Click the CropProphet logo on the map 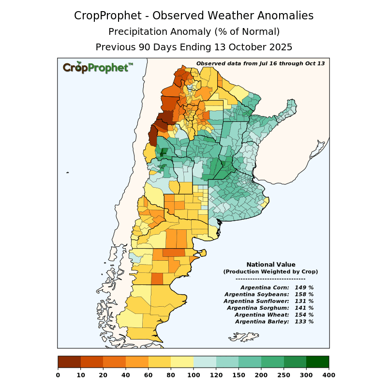click(x=97, y=67)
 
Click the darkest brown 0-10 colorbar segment click(x=69, y=362)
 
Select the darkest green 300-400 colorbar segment click(x=317, y=362)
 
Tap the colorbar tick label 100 click(x=193, y=375)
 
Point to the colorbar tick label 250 click(x=283, y=375)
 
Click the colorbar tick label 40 click(x=126, y=375)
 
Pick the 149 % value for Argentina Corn click(x=304, y=287)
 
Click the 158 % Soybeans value click(x=304, y=294)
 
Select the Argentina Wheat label click(x=261, y=314)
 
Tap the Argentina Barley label click(x=262, y=321)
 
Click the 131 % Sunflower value click(x=304, y=301)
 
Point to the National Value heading click(x=270, y=265)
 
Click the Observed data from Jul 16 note click(x=260, y=63)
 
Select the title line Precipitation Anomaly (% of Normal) click(x=193, y=32)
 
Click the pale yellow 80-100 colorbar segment click(x=182, y=362)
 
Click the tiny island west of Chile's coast click(x=68, y=173)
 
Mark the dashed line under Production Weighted click(x=270, y=279)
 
